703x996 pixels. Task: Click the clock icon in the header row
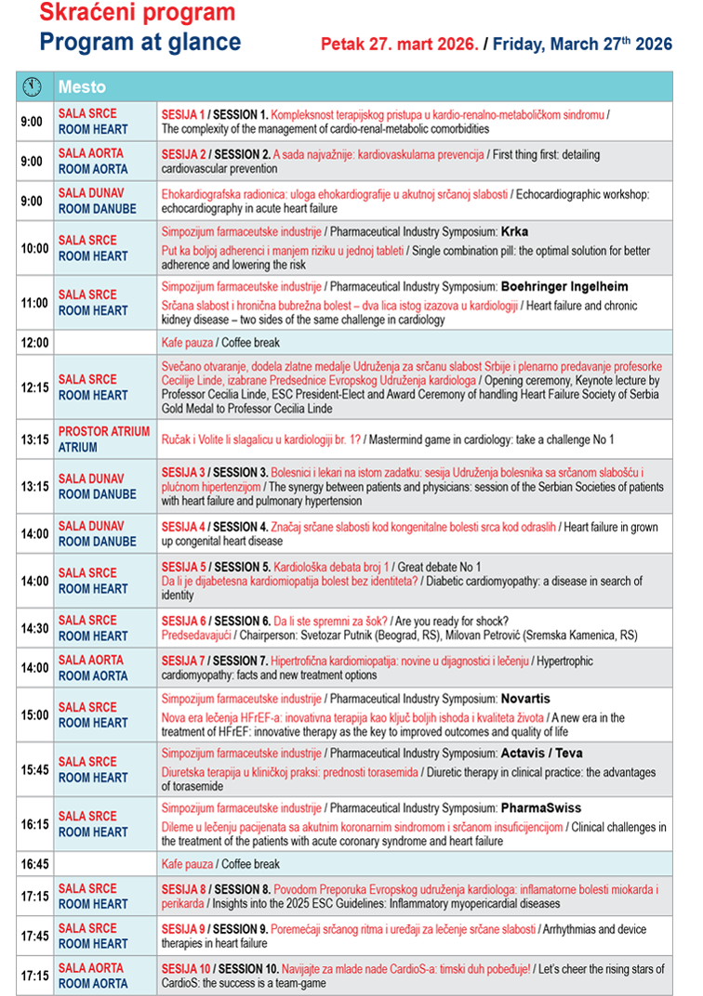tap(33, 86)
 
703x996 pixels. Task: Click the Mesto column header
tap(82, 87)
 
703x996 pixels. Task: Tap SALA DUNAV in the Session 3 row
tap(90, 479)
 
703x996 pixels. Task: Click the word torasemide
tap(186, 787)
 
